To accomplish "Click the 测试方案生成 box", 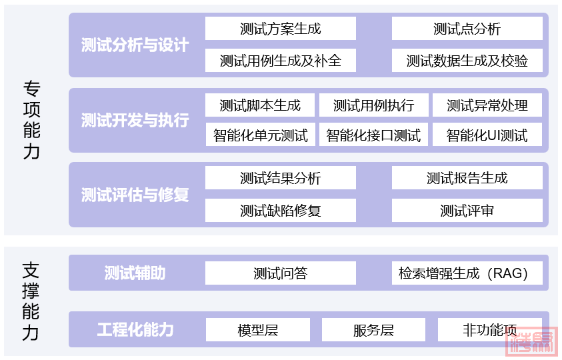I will click(280, 29).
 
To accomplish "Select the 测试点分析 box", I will click(467, 29).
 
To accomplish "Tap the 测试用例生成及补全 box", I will click(280, 61).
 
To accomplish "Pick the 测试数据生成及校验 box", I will click(467, 61).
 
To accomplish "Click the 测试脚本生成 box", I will click(260, 105).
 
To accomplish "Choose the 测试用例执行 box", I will click(373, 105).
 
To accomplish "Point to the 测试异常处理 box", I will click(487, 105).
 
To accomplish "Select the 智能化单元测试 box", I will click(260, 135).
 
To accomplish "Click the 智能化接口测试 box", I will click(373, 135).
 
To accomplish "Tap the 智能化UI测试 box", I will click(487, 135).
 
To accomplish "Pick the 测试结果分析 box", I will click(280, 178).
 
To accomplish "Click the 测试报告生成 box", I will click(467, 178).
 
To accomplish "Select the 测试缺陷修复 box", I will click(280, 211).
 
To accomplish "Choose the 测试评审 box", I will click(467, 211).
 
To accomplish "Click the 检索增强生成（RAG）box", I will click(467, 273).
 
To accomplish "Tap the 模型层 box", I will click(257, 330).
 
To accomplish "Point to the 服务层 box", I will click(373, 330).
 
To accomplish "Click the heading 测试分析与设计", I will click(135, 45).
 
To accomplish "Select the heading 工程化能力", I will click(135, 329).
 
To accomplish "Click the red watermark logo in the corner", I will click(530, 343).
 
